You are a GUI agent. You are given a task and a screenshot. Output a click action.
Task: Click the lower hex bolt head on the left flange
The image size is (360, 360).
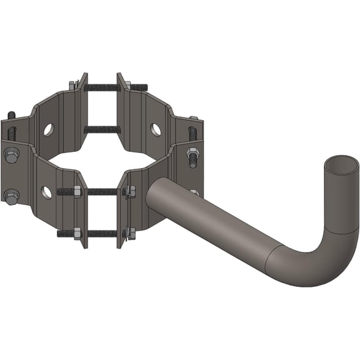click(x=11, y=196)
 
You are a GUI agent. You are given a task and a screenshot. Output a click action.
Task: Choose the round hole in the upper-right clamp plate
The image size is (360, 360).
click(x=156, y=129)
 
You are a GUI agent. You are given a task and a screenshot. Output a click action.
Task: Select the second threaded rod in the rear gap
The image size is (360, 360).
click(x=101, y=129)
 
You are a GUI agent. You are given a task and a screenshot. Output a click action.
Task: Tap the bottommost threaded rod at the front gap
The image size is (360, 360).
click(x=100, y=234)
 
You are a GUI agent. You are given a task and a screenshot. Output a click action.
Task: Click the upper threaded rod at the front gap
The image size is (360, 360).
click(x=100, y=192)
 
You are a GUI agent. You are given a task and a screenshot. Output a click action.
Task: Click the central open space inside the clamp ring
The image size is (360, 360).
click(x=103, y=159)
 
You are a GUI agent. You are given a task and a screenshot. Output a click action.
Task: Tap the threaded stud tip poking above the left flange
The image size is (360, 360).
click(x=11, y=116)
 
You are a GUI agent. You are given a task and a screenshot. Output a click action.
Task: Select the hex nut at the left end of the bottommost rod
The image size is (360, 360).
click(x=77, y=234)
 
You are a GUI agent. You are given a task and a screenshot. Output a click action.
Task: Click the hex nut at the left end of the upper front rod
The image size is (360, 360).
click(x=77, y=192)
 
